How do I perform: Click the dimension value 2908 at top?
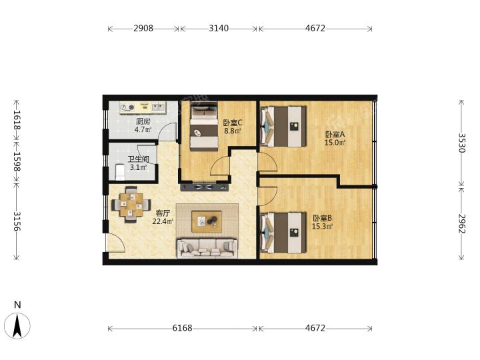(x=143, y=28)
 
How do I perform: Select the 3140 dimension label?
(x=219, y=28)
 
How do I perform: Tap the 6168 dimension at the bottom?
(x=182, y=328)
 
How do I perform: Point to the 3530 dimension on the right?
(x=461, y=143)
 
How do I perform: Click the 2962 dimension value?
(x=461, y=224)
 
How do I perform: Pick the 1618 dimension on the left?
(x=17, y=120)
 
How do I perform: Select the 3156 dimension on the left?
(x=17, y=221)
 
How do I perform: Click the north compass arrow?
(x=17, y=326)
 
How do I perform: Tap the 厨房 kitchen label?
(x=143, y=121)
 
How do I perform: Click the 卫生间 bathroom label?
(x=139, y=159)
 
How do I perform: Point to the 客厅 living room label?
(x=163, y=213)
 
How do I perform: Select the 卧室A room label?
(x=335, y=134)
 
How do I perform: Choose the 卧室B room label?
(x=323, y=218)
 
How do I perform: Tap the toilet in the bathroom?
(x=119, y=172)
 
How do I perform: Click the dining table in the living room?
(x=131, y=205)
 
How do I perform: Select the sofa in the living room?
(x=207, y=248)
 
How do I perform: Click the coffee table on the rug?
(x=207, y=221)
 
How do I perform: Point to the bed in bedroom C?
(x=204, y=126)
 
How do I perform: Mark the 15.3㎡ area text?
(x=323, y=227)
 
